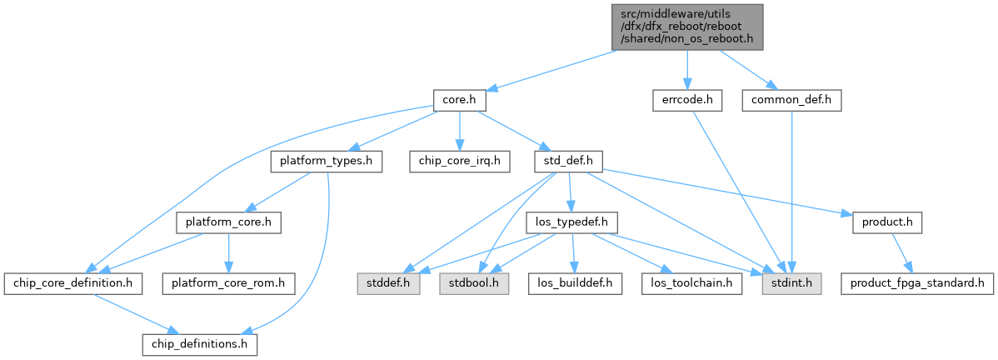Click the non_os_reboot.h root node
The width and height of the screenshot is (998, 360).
(686, 26)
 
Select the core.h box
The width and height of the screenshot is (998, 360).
(459, 100)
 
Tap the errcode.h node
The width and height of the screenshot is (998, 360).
(686, 100)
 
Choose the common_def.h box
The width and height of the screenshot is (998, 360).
(796, 100)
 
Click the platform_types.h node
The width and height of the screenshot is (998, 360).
(326, 162)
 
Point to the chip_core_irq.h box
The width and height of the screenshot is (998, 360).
(460, 162)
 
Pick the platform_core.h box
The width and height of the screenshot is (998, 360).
(228, 223)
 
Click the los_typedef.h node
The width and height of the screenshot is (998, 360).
(571, 223)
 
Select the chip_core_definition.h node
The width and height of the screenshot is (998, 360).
(73, 284)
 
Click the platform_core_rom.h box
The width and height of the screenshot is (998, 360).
(228, 284)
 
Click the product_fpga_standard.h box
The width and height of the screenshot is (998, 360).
(916, 284)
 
